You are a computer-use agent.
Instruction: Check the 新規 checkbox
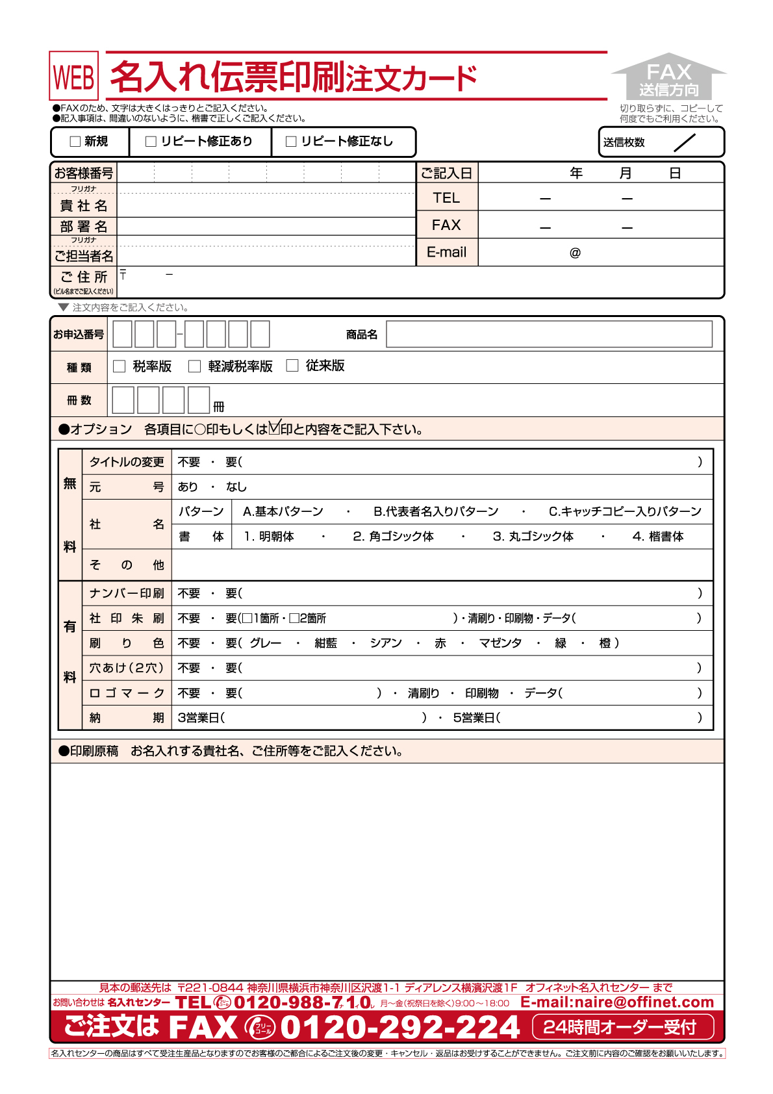tap(75, 142)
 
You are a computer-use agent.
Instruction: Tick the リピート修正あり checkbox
tap(151, 142)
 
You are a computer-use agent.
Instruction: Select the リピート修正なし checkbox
tap(291, 142)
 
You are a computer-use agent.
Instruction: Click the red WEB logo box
tap(74, 77)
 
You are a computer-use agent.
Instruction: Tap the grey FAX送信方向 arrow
tap(668, 77)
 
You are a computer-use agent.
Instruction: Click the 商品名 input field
tap(549, 335)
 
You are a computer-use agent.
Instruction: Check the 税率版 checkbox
tap(120, 366)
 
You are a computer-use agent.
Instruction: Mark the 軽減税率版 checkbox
tap(194, 366)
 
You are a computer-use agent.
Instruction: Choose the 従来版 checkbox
tap(292, 366)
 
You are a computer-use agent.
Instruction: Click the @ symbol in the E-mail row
tap(575, 253)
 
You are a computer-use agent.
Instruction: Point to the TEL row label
tap(446, 197)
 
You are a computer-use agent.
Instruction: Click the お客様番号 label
tap(84, 173)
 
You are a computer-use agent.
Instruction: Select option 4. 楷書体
tap(658, 537)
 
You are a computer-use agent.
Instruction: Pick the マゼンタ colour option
tap(500, 643)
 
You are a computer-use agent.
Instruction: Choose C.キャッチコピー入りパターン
tap(625, 512)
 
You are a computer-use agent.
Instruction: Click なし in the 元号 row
tap(236, 487)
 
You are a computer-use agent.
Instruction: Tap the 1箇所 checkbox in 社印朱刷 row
tap(247, 618)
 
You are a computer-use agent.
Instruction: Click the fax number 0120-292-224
tap(400, 1028)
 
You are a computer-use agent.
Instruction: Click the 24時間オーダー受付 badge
tap(623, 1027)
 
